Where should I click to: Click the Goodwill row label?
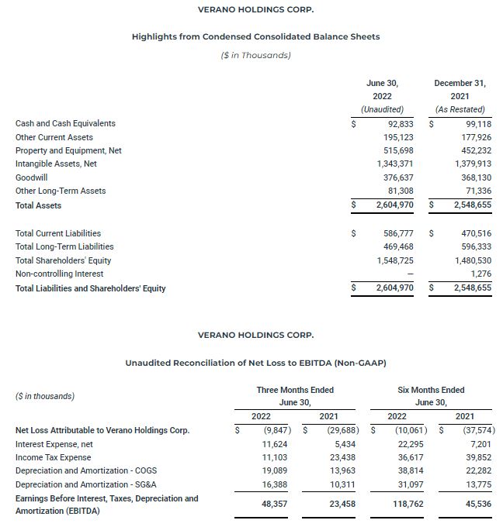32,177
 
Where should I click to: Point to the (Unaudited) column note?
382,109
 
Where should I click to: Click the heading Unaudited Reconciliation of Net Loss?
255,362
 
